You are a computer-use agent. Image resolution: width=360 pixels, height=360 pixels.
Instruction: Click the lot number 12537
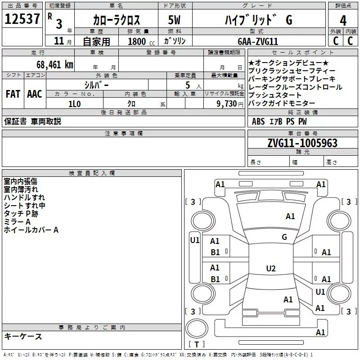click(x=22, y=20)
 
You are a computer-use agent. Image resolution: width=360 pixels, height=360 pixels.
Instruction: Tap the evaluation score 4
click(x=343, y=20)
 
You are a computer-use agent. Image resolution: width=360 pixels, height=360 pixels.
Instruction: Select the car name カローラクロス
click(x=117, y=20)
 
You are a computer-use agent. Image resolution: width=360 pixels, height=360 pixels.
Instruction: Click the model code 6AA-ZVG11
click(x=258, y=41)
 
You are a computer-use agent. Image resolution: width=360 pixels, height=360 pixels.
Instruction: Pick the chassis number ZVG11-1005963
click(x=302, y=143)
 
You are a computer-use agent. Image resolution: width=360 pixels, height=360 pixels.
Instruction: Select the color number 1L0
click(x=75, y=103)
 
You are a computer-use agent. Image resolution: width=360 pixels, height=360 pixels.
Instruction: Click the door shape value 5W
click(x=175, y=20)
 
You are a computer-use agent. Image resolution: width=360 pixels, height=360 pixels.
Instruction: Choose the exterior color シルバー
click(x=96, y=85)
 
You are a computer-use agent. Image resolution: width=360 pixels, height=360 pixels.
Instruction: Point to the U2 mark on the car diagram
click(x=270, y=269)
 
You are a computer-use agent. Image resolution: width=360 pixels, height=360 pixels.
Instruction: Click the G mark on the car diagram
click(x=284, y=237)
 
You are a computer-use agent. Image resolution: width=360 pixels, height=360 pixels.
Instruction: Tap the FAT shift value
click(x=13, y=94)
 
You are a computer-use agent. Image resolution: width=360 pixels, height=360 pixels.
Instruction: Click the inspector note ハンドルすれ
click(x=24, y=197)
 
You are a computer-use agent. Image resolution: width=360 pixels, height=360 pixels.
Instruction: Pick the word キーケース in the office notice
click(x=23, y=337)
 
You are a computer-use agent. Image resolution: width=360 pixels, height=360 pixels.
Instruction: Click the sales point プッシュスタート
click(x=275, y=95)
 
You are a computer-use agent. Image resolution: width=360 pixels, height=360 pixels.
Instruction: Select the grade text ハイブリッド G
click(x=258, y=20)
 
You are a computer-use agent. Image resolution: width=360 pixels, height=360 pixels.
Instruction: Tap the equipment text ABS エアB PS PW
click(x=279, y=121)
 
